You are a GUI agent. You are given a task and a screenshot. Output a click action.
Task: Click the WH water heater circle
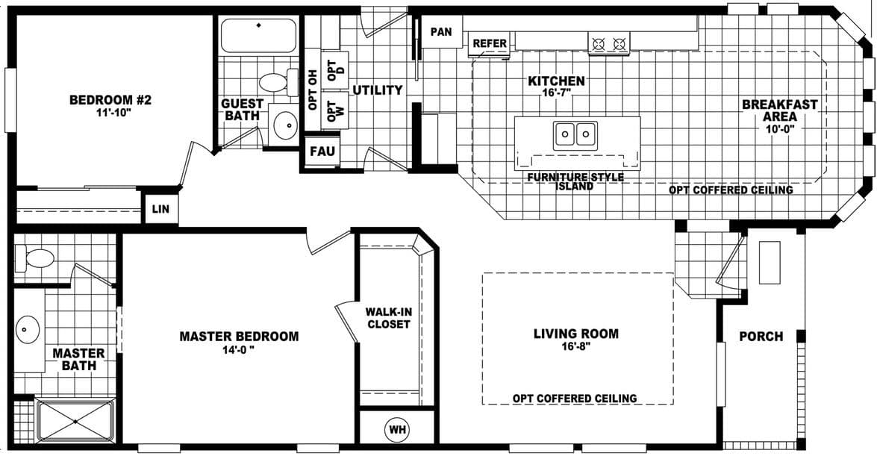[396, 430]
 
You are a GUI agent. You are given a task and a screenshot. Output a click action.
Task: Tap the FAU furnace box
[322, 152]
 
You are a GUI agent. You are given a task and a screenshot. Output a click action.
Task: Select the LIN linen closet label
[160, 210]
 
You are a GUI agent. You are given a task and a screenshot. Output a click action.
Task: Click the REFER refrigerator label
[490, 44]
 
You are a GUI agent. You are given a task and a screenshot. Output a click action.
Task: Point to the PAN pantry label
[442, 32]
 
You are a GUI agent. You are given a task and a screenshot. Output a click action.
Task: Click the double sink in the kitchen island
[575, 135]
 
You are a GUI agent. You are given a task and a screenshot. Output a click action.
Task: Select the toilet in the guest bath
[276, 81]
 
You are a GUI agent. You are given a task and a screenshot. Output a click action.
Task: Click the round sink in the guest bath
[285, 125]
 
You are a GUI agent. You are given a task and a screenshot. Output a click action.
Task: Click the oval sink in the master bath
[28, 329]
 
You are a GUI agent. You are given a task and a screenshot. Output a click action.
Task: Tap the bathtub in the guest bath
[258, 35]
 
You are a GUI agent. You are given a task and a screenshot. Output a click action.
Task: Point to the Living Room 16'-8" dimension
[575, 347]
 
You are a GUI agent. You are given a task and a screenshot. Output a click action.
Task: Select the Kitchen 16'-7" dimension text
[556, 94]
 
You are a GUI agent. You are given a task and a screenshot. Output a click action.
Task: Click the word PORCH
[761, 337]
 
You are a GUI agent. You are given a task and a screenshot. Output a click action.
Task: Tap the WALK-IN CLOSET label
[387, 317]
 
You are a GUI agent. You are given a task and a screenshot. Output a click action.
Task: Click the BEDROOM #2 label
[110, 100]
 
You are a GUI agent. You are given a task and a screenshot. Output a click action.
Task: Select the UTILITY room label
[378, 90]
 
